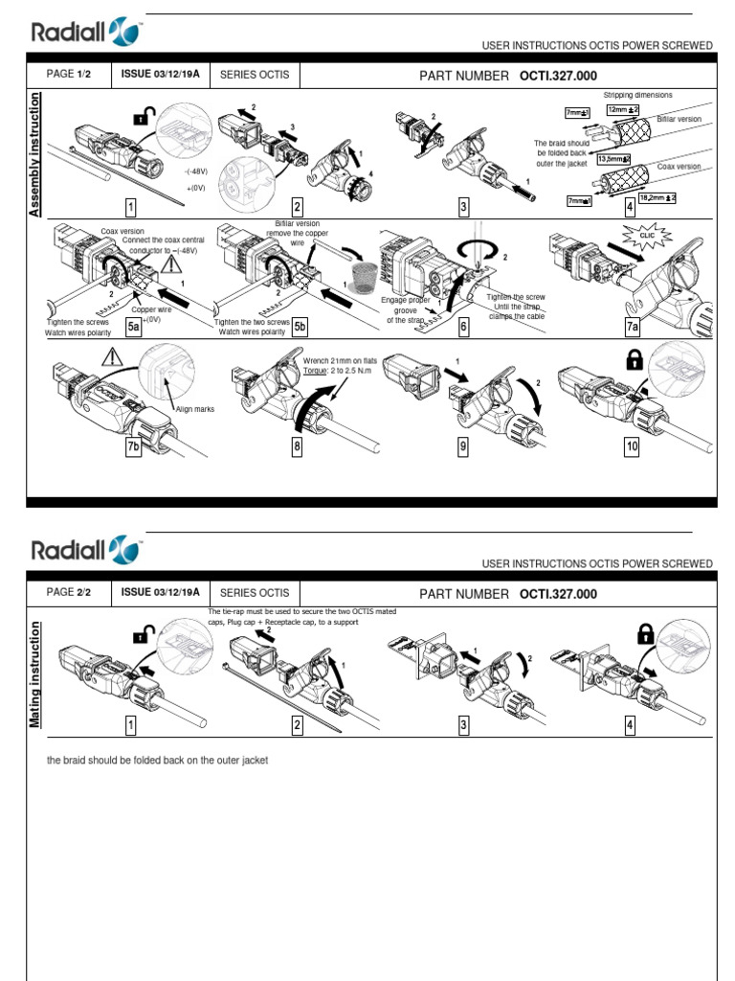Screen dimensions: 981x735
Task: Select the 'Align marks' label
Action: (194, 409)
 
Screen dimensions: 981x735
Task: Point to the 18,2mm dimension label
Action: (658, 196)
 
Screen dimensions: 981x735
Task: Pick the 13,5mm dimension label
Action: (612, 158)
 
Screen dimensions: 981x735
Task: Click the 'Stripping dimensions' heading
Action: (636, 96)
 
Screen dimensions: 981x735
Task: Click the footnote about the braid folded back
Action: (158, 760)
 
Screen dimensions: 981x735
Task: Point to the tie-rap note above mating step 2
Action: (301, 616)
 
